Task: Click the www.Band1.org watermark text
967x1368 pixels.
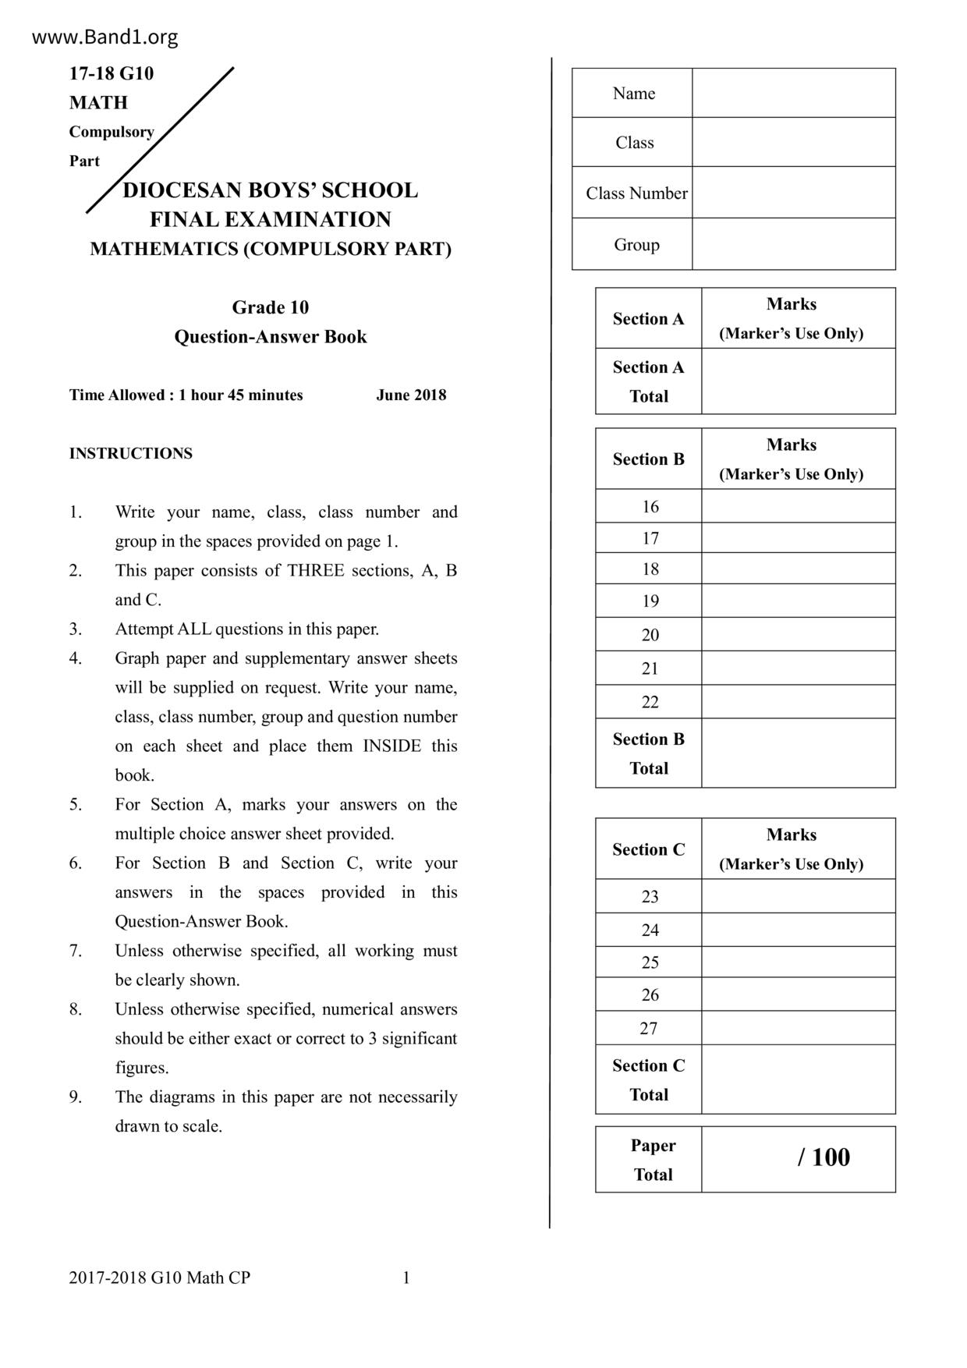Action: coord(104,37)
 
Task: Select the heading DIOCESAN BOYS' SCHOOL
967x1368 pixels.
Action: coord(270,190)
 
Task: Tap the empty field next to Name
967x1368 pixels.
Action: coord(793,93)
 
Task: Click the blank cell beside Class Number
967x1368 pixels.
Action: coord(793,193)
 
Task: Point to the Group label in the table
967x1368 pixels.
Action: coord(636,245)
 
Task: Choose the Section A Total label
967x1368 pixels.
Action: coord(648,381)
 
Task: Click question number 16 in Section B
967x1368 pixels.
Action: coord(650,507)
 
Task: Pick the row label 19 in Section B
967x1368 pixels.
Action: coord(650,601)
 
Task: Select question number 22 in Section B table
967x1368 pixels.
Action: coord(650,702)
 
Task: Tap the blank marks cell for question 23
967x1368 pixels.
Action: coord(798,896)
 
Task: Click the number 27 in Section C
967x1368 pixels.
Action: coord(649,1029)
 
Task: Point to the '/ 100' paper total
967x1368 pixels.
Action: coord(824,1157)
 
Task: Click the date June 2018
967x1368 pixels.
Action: coord(411,395)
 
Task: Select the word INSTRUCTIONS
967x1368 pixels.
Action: coord(130,453)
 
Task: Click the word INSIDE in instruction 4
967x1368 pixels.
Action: coord(391,746)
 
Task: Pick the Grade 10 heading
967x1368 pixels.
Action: coord(270,307)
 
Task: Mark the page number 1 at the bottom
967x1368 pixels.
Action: coord(406,1278)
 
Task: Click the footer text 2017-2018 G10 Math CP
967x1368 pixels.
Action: coord(159,1278)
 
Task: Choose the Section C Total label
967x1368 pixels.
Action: coord(648,1080)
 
